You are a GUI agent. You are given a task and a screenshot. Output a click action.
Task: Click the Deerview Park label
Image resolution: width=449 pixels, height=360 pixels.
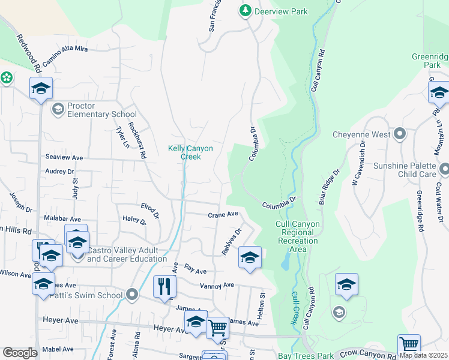(273, 11)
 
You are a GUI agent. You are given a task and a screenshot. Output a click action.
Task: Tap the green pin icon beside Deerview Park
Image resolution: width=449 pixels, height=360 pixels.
(245, 11)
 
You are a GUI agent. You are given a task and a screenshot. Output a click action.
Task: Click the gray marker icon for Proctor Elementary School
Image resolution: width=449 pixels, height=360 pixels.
(58, 109)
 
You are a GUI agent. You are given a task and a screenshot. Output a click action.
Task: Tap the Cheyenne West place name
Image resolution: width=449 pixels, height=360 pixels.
(361, 135)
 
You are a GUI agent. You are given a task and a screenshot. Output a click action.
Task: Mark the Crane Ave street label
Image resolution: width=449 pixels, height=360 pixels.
(223, 214)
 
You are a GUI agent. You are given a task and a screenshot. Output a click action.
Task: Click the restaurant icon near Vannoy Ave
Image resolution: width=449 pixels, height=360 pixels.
(164, 286)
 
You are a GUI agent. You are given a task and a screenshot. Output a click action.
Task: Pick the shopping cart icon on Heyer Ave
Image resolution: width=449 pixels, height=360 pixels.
(217, 328)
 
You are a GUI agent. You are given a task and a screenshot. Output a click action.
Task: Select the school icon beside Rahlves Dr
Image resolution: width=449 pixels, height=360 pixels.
(250, 257)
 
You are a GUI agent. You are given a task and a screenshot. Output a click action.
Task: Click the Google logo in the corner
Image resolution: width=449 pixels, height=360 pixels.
(19, 353)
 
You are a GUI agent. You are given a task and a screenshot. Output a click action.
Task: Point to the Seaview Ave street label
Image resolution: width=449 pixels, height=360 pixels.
(64, 157)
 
